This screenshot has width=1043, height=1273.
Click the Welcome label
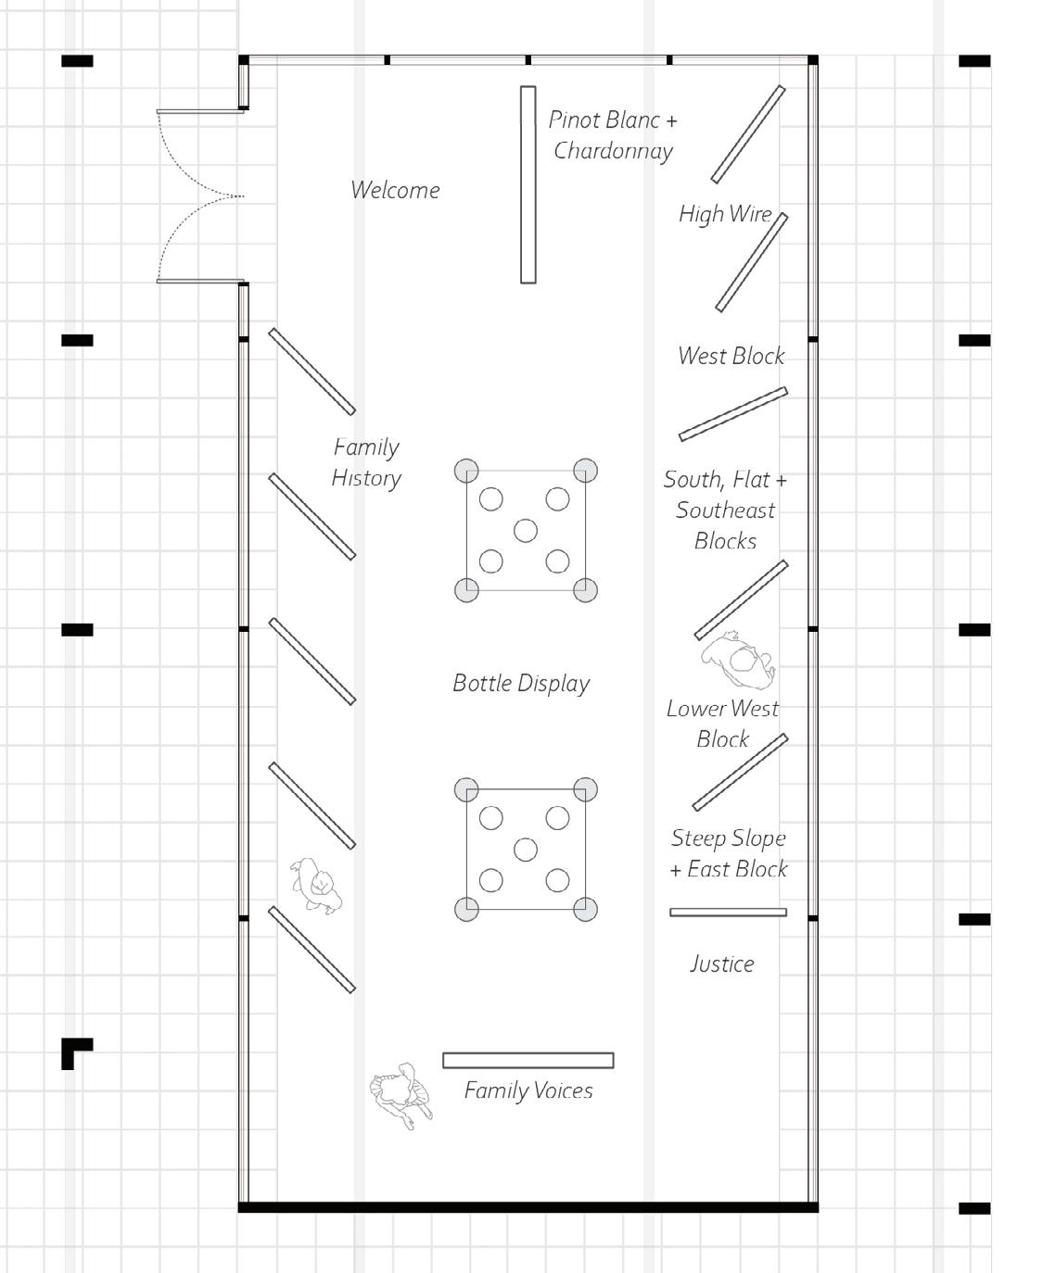coord(395,190)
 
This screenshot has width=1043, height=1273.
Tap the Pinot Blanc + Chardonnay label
coord(613,135)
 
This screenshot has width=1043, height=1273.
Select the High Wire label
coord(725,214)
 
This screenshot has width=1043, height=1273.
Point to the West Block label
coord(731,356)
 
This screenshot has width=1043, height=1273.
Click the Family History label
coord(366,462)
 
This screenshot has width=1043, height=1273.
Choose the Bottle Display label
coord(521,684)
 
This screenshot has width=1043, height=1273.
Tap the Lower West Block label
coord(722,724)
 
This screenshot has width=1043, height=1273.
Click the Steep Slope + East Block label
coord(729,853)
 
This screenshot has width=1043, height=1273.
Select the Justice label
coord(721,964)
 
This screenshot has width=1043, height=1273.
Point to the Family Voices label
coord(528,1090)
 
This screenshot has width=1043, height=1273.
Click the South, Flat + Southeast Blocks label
coord(725,510)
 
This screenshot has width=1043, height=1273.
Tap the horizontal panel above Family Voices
coord(528,1061)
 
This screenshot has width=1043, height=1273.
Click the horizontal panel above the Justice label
coord(728,913)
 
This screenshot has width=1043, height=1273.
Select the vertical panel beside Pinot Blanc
coord(528,184)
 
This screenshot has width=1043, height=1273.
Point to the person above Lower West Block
coord(739,661)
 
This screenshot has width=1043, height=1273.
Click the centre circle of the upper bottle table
coord(526,531)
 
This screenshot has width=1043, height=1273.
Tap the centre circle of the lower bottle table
coord(526,850)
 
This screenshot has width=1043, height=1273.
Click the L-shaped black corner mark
coord(74,1052)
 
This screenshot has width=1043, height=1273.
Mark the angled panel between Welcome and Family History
coord(312,372)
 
